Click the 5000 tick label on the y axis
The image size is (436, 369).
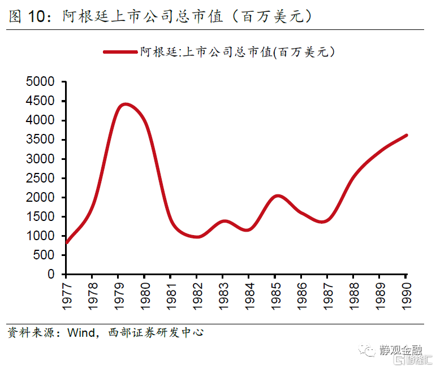coord(41,82)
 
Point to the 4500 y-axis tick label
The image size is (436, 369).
coord(41,101)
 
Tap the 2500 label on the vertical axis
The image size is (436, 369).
coord(41,178)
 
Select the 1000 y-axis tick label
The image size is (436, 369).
coord(41,236)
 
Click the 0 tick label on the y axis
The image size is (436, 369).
coord(51,274)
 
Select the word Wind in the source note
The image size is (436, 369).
coord(80,332)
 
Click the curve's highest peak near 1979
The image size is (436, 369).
coord(125,104)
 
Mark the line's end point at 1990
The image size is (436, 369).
coord(405,135)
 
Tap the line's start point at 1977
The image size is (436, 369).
coord(66,242)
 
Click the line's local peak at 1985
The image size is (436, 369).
coord(276,196)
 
